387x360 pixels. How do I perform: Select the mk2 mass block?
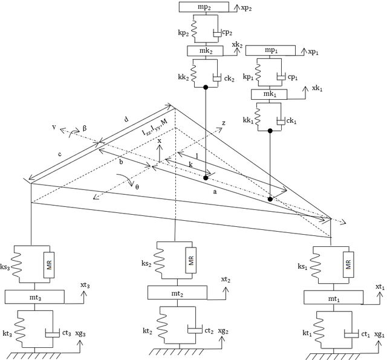[x=206, y=51]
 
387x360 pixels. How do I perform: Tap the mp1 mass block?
[x=270, y=50]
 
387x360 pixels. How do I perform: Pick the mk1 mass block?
[x=269, y=94]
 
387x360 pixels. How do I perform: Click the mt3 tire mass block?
[x=34, y=297]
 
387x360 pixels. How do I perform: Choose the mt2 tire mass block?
[x=177, y=293]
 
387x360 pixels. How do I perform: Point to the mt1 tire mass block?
[x=333, y=297]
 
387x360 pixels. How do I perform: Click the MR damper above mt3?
[x=49, y=264]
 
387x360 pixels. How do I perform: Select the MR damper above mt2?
[x=191, y=260]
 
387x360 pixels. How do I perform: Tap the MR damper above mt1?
[x=348, y=264]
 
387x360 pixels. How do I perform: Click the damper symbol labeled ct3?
[x=53, y=333]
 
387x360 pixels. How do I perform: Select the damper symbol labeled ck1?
[x=281, y=122]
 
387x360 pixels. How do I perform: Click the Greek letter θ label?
[x=137, y=187]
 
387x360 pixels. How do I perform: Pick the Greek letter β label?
[x=85, y=128]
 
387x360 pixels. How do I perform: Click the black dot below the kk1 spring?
[x=270, y=131]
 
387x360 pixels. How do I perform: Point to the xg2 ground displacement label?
[x=223, y=331]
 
